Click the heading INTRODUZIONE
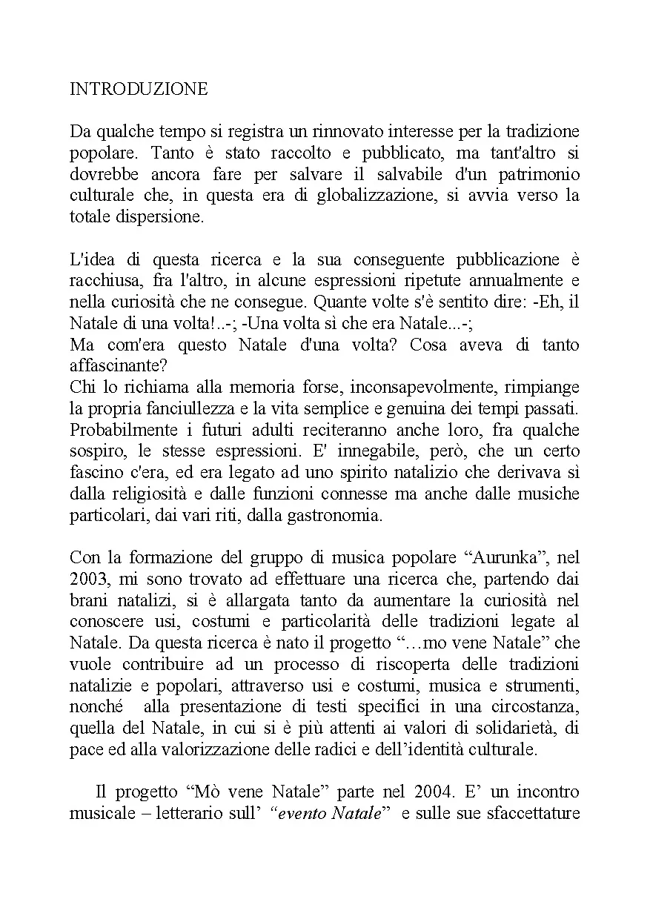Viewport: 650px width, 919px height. click(139, 89)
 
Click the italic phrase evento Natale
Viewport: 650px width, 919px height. click(331, 815)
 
